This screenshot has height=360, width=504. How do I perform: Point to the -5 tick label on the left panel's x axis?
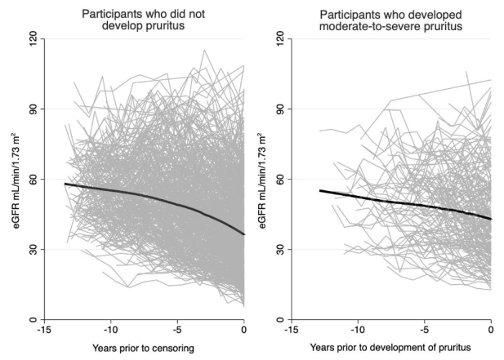pyautogui.click(x=176, y=331)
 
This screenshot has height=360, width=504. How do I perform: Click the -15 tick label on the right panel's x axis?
pyautogui.click(x=288, y=331)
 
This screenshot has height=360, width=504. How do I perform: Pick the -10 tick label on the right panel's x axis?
pyautogui.click(x=356, y=331)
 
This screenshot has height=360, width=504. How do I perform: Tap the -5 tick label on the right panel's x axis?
pyautogui.click(x=424, y=331)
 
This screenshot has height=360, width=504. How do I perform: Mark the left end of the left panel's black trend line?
pyautogui.click(x=65, y=184)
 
